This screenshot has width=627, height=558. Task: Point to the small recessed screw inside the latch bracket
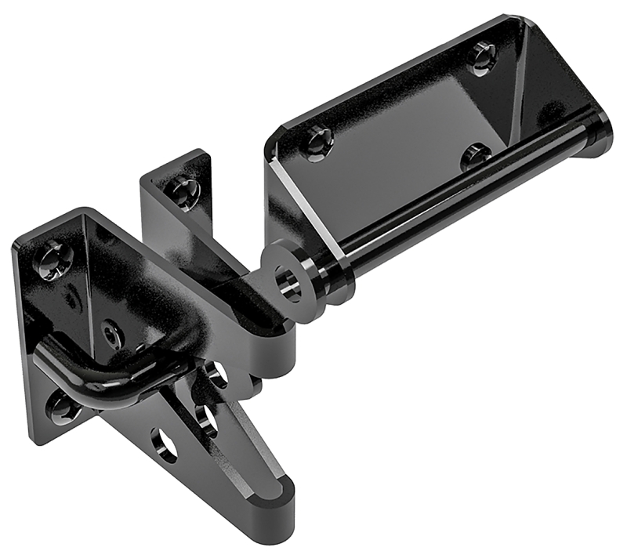(111, 335)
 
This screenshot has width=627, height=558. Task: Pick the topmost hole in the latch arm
(217, 375)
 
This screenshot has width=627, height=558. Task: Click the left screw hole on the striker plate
(317, 141)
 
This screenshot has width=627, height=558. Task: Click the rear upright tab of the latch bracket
(176, 204)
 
